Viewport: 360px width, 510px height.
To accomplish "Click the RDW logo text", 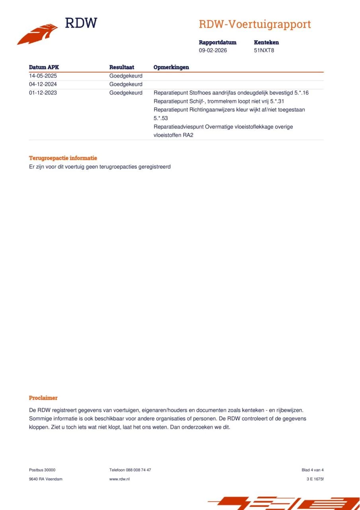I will coord(81,23).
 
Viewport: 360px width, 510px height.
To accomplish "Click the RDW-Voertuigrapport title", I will coord(255,24).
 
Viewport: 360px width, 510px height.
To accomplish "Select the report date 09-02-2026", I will coord(213,51).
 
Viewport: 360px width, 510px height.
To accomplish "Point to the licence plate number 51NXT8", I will coord(264,51).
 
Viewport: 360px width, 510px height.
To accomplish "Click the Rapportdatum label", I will coord(217,42).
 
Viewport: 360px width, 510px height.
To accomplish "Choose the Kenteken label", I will coord(266,42).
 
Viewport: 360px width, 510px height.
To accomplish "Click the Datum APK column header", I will coord(44,67).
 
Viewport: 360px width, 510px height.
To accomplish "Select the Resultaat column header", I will coord(122,67).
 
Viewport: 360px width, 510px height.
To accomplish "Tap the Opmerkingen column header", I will coord(171,67).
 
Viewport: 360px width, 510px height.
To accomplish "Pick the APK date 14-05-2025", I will coord(43,76).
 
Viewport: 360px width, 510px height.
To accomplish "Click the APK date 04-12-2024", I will coord(43,84).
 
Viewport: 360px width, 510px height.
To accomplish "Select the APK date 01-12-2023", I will coord(43,93).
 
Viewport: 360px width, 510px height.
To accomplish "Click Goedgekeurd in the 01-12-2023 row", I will coord(126,93).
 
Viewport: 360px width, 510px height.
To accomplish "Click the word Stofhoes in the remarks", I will coord(195,93).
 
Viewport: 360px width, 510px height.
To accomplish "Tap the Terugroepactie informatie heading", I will coord(63,158).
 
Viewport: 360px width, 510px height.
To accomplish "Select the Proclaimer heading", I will coord(43,398).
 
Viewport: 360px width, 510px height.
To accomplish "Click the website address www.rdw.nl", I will coord(119,479).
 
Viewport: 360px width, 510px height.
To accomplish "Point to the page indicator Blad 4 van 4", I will coord(313,470).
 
